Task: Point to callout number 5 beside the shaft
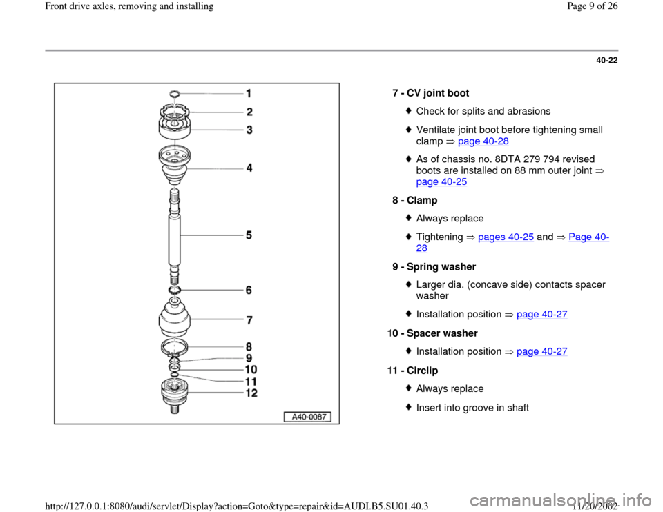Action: (248, 235)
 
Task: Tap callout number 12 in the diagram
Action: (251, 393)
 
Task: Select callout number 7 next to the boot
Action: (249, 321)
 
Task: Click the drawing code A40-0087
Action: (307, 416)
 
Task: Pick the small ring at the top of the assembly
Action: (174, 92)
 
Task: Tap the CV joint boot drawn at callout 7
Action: (175, 318)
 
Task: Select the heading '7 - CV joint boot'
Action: (430, 92)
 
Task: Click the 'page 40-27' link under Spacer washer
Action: (542, 351)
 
